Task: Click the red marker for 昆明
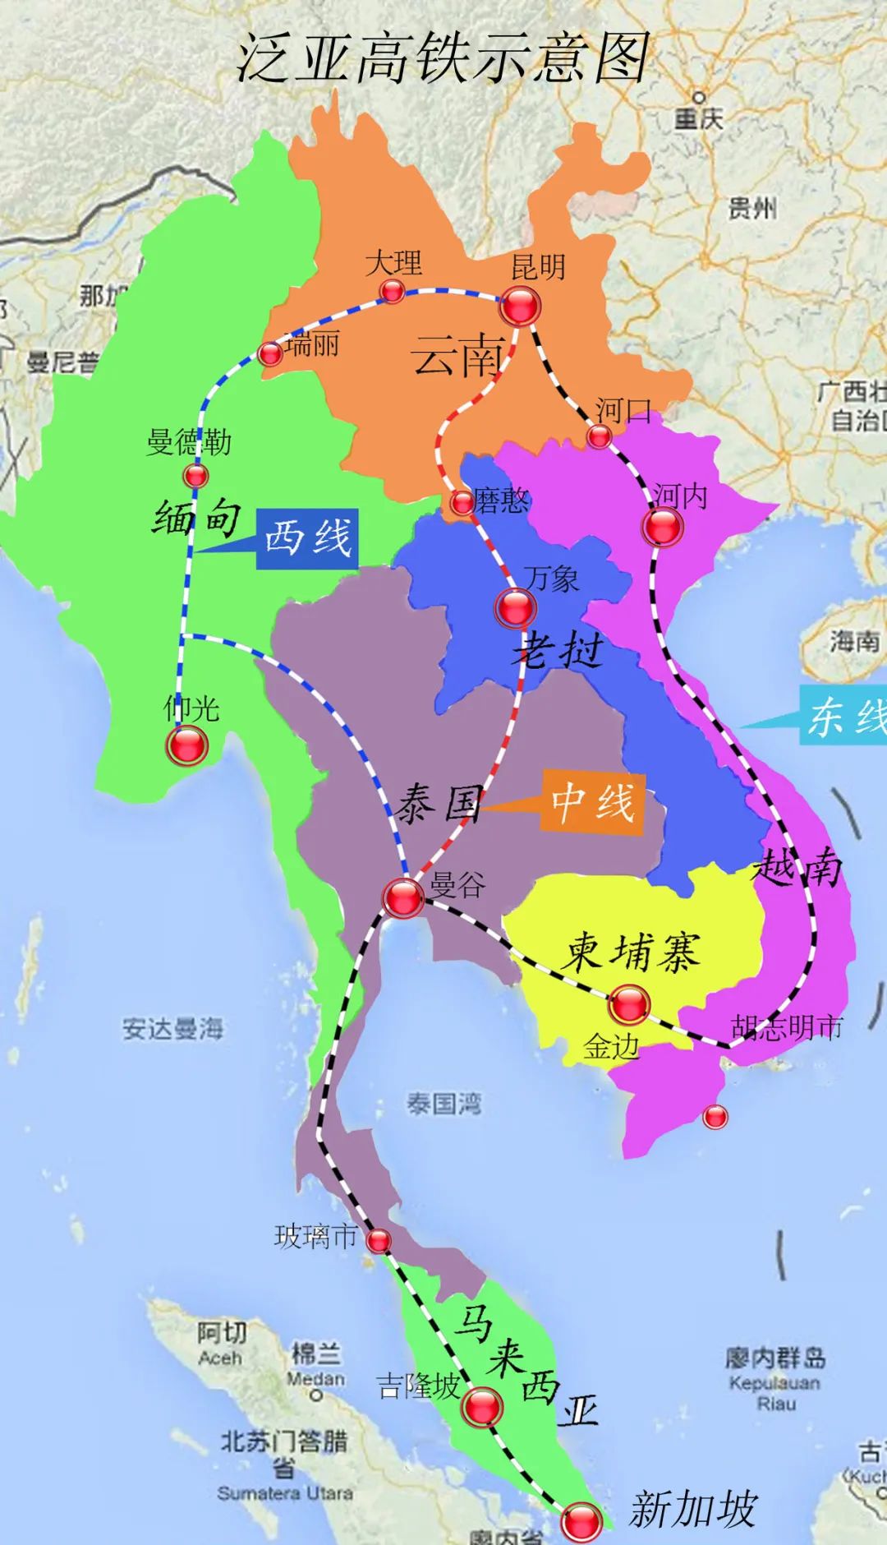521,306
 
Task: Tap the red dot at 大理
393,290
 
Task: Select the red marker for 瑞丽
270,354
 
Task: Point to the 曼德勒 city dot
195,475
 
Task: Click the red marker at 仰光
187,745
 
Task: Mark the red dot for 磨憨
462,502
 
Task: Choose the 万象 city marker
516,608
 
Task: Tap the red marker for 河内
663,527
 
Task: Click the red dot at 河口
599,436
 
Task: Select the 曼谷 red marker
404,897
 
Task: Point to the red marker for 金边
630,1003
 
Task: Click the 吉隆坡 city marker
481,1406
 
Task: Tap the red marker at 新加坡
581,1521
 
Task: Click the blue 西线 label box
308,539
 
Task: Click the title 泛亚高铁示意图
443,58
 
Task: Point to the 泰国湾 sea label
443,1104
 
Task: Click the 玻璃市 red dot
379,1241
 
